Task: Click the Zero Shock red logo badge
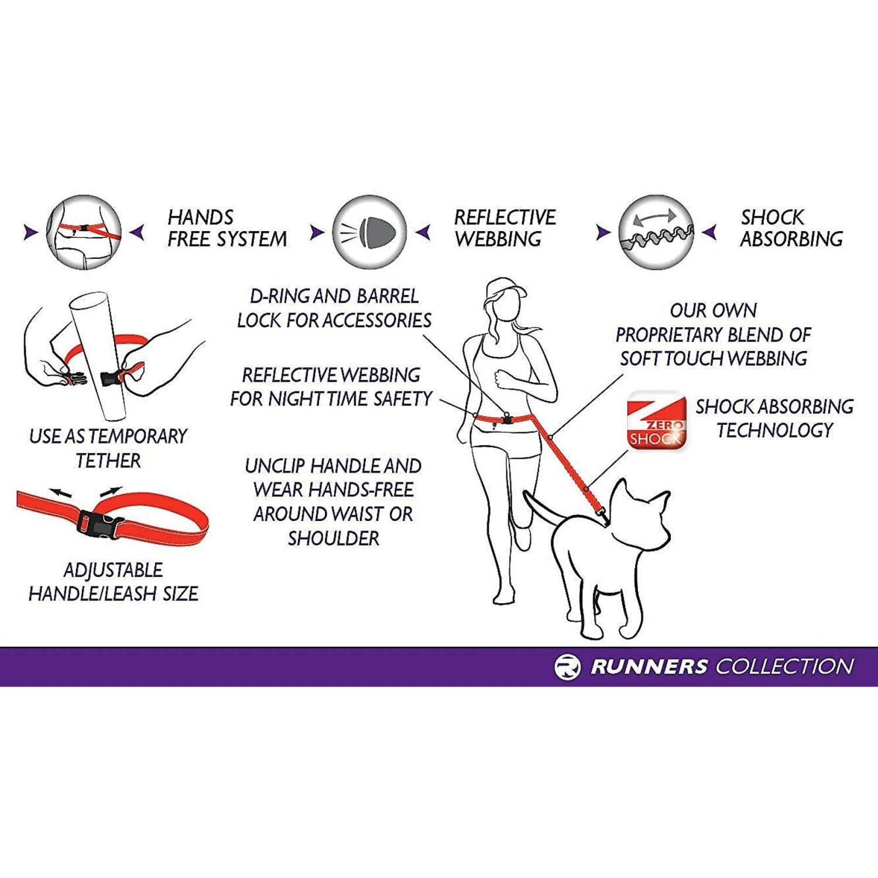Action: [x=656, y=420]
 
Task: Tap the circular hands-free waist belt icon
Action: [x=84, y=232]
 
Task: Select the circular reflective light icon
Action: [x=369, y=232]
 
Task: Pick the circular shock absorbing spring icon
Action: [x=656, y=232]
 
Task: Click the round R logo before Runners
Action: [x=567, y=667]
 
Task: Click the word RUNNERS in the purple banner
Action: [x=649, y=667]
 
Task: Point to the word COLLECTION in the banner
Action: [x=784, y=667]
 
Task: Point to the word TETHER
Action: [x=108, y=461]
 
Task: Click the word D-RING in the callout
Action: [x=280, y=297]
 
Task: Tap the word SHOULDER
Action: [x=334, y=539]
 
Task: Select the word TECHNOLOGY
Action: [x=774, y=431]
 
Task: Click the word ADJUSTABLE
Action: [x=113, y=570]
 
